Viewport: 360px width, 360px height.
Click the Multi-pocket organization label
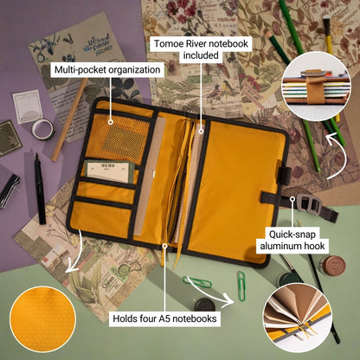(107, 67)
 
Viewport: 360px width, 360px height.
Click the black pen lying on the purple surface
(39, 186)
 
